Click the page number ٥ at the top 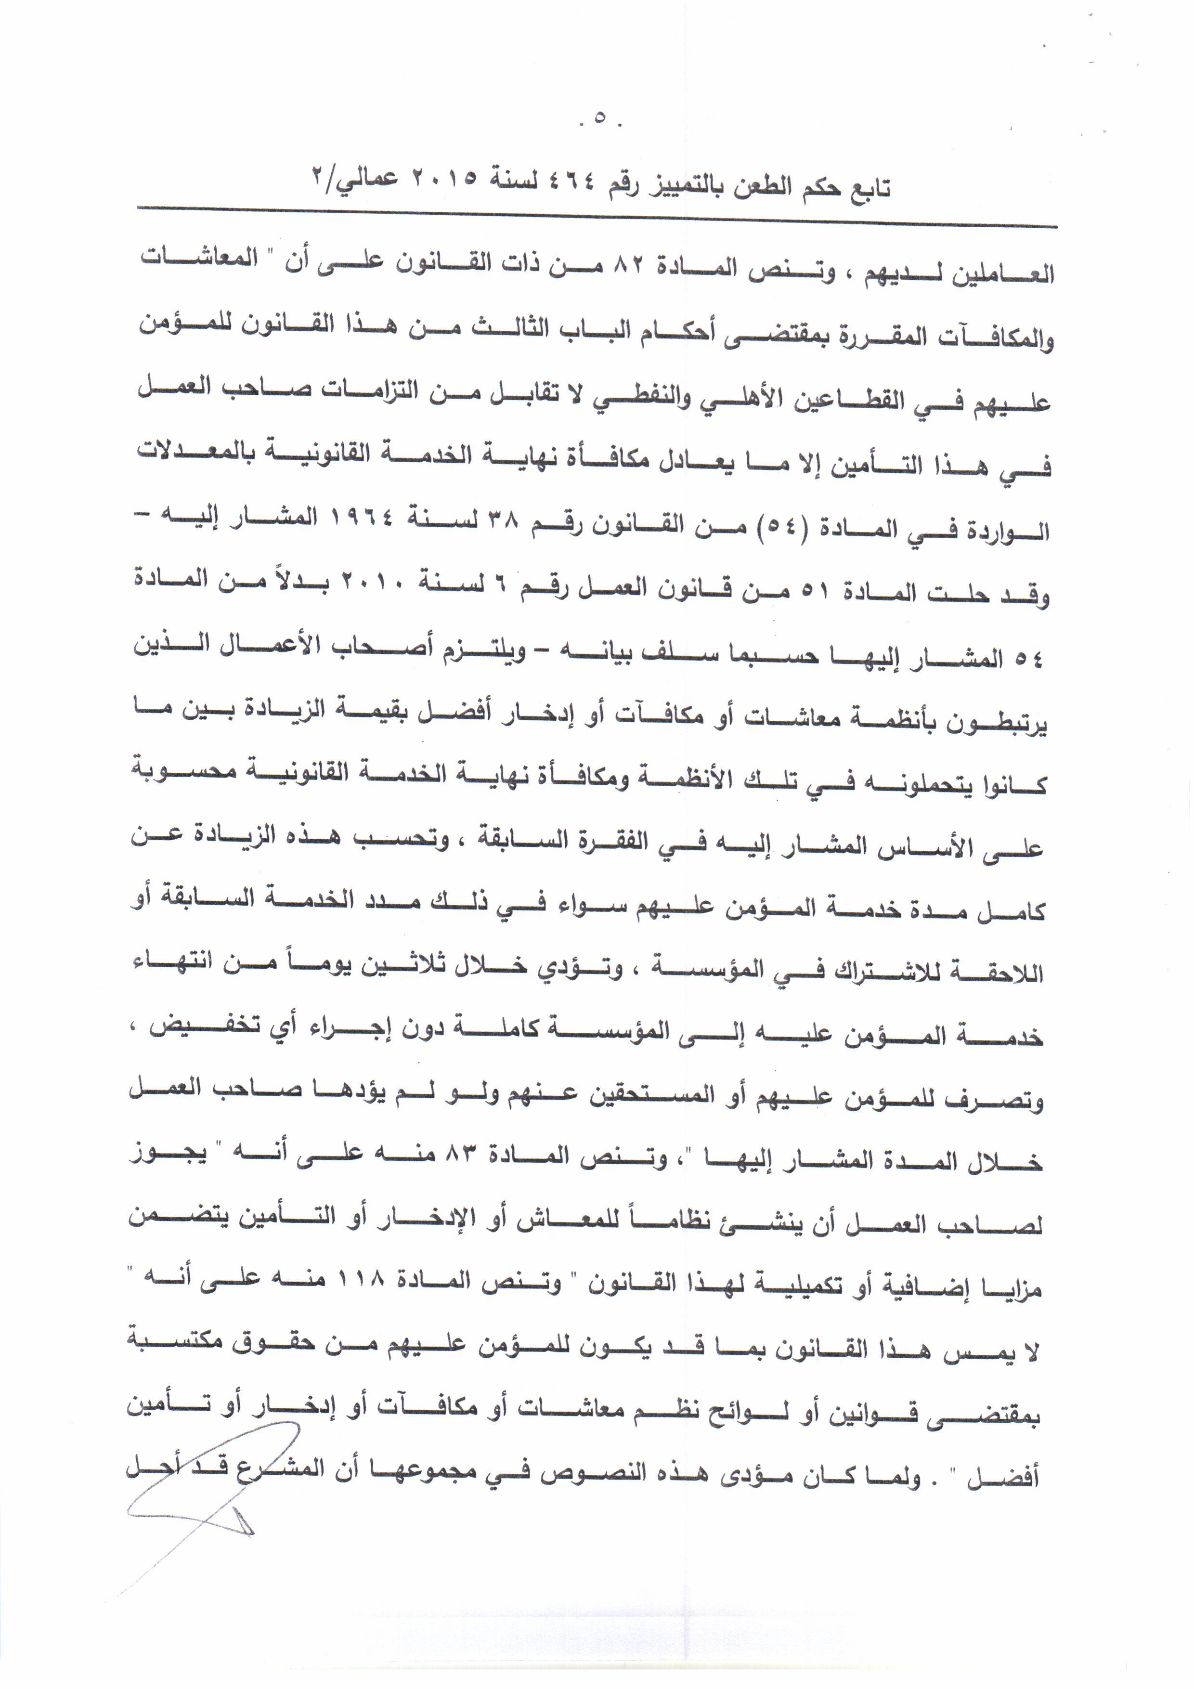598,117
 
